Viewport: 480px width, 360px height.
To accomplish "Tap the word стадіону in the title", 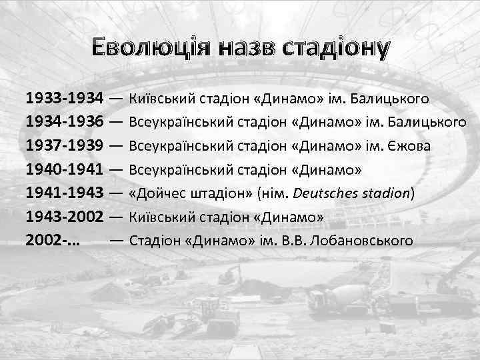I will click(x=335, y=49).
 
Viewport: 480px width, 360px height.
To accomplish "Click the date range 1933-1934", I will click(x=64, y=99).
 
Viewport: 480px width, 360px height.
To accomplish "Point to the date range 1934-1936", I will click(x=64, y=123).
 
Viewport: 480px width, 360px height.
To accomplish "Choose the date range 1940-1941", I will click(x=64, y=169).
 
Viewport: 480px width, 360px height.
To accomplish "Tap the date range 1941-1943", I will click(x=64, y=193).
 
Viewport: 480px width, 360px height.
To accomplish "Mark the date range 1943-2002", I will click(x=64, y=217).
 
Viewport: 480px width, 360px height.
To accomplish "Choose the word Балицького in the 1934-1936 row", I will click(x=431, y=123).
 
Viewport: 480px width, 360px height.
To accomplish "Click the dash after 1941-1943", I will click(x=115, y=193).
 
